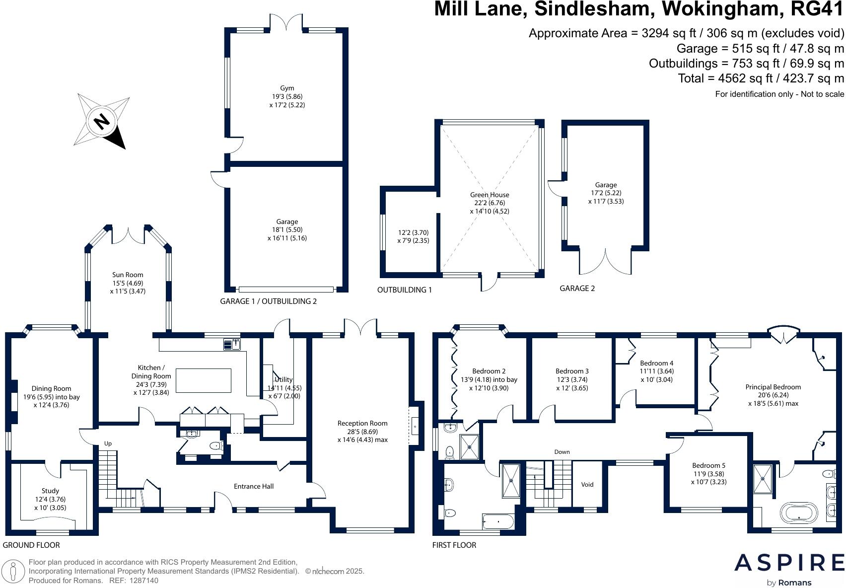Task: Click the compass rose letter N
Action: (102, 121)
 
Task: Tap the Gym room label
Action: (287, 88)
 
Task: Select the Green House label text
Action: (490, 195)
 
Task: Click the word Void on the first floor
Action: (587, 485)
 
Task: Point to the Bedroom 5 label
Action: (708, 465)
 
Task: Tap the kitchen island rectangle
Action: (204, 381)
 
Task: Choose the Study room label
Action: (50, 491)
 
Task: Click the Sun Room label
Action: (128, 275)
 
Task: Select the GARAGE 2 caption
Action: (577, 288)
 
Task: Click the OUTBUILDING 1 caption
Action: (404, 290)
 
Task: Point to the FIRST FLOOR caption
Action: (454, 545)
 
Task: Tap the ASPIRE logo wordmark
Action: (789, 563)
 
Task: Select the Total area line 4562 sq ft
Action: (761, 78)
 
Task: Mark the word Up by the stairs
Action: (108, 443)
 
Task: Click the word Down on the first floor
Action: (562, 452)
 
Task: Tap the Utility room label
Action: (283, 379)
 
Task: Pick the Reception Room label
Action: (362, 423)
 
